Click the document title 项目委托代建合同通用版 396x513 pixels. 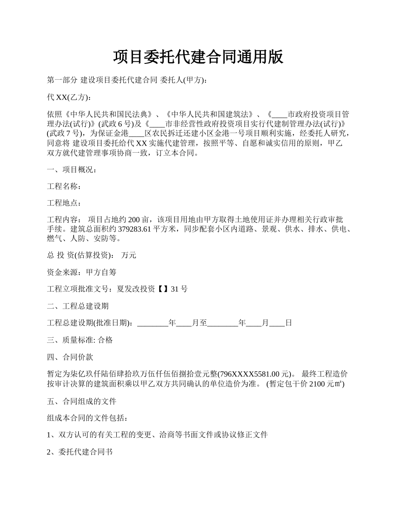[198, 57]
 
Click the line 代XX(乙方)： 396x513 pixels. [68, 97]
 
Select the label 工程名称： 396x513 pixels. [64, 186]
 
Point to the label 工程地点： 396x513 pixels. [64, 203]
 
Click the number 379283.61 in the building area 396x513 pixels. [134, 229]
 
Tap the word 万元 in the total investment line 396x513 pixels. [128, 255]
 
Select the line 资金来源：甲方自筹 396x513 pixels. [82, 272]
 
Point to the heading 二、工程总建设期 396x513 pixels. [78, 306]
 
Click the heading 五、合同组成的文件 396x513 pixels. [82, 402]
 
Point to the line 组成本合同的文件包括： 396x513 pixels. [85, 418]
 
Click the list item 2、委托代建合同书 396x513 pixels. [80, 452]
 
